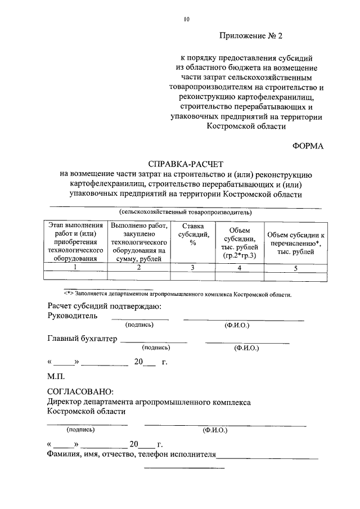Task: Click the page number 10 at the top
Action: pos(186,19)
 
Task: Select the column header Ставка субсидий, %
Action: pos(192,235)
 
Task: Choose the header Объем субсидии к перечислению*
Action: pos(296,243)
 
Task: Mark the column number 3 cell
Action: pos(192,268)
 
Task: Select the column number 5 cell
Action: pos(296,268)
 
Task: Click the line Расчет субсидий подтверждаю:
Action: pos(105,306)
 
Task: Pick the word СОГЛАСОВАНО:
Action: pos(80,391)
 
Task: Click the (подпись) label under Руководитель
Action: pos(140,326)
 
